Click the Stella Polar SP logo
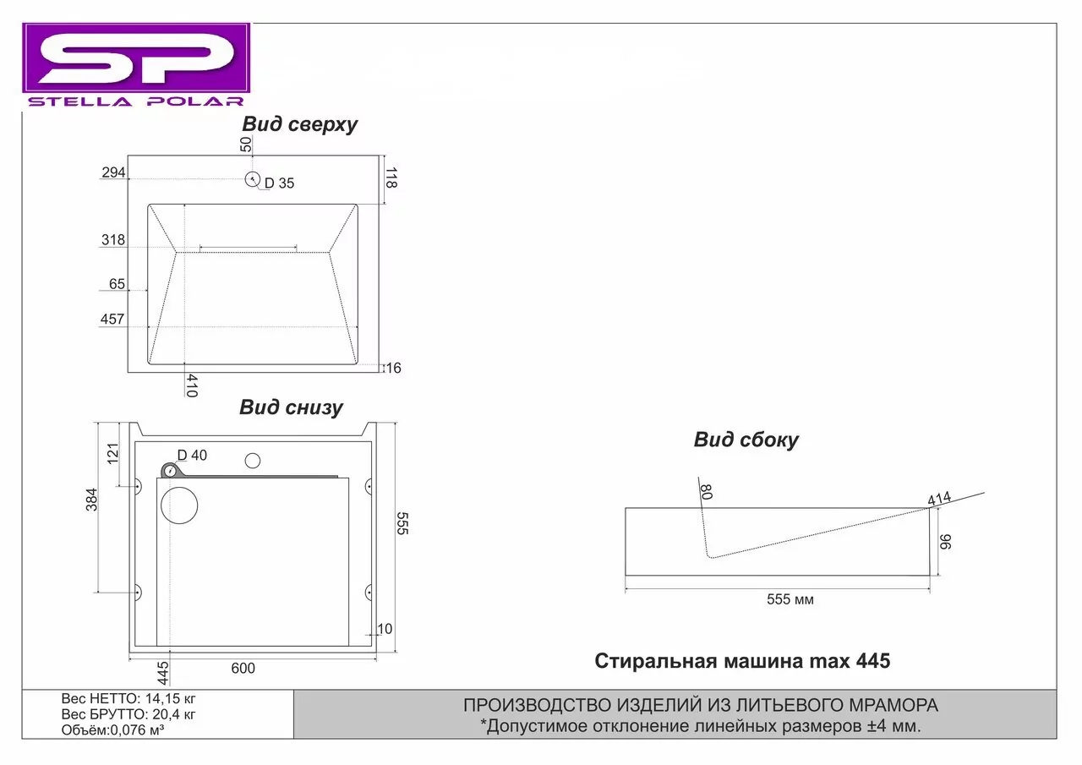(136, 66)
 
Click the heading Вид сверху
(299, 124)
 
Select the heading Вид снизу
(291, 407)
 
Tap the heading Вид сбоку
(746, 440)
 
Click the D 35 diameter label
(279, 183)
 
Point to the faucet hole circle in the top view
(252, 179)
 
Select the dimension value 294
(113, 173)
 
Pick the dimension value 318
(113, 240)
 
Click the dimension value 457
(113, 320)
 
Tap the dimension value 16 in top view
(393, 368)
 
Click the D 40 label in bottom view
(192, 456)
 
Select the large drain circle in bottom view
(178, 507)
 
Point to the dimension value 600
(243, 669)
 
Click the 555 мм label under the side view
(790, 599)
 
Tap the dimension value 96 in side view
(946, 541)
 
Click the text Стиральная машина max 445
(742, 661)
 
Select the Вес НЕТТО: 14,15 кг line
(128, 700)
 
